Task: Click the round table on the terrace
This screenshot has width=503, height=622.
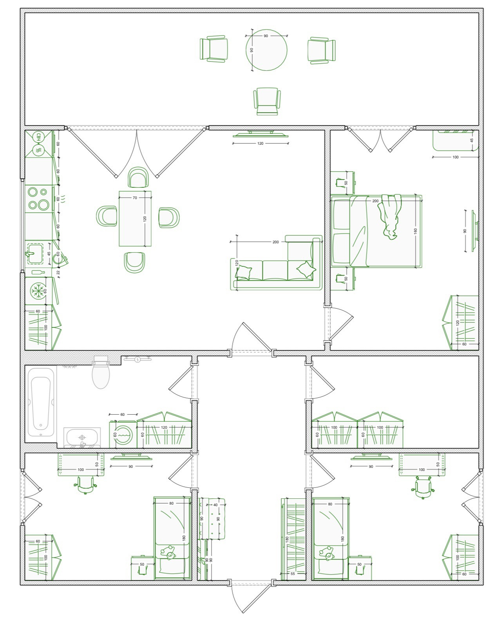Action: click(x=266, y=50)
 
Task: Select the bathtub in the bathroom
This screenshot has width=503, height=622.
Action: click(x=41, y=401)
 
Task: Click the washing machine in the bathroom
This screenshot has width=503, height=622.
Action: click(x=123, y=434)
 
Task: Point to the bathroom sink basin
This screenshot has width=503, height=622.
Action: click(x=82, y=437)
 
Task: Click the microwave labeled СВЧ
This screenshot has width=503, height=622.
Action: click(x=38, y=137)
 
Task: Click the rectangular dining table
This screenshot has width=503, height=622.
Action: click(x=135, y=218)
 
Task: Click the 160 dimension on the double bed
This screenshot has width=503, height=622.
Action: click(x=415, y=231)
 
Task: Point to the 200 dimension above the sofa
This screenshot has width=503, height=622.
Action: click(x=275, y=242)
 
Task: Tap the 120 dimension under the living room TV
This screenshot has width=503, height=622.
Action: click(x=260, y=144)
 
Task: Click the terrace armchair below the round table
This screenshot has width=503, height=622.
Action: click(x=267, y=101)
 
